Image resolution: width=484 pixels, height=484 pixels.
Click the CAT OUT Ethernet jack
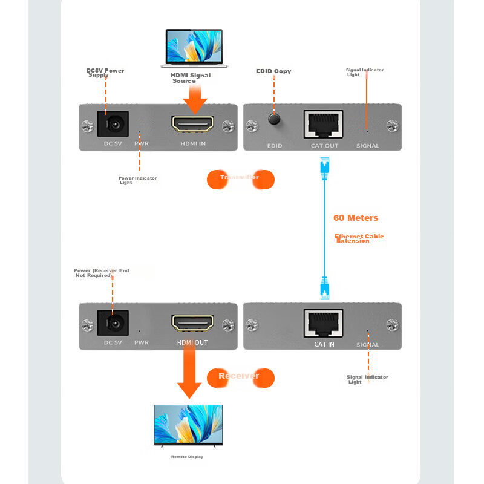click(323, 125)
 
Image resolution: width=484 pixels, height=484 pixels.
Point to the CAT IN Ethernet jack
click(324, 324)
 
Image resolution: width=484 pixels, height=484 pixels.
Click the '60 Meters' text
click(356, 218)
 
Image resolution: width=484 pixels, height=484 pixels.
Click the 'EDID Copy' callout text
click(273, 71)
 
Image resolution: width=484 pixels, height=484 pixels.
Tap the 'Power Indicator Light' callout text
click(137, 180)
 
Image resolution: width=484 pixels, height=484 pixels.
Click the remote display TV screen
click(188, 424)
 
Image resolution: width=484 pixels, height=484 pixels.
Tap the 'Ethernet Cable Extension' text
click(358, 238)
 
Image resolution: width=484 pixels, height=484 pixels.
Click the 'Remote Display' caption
click(187, 457)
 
